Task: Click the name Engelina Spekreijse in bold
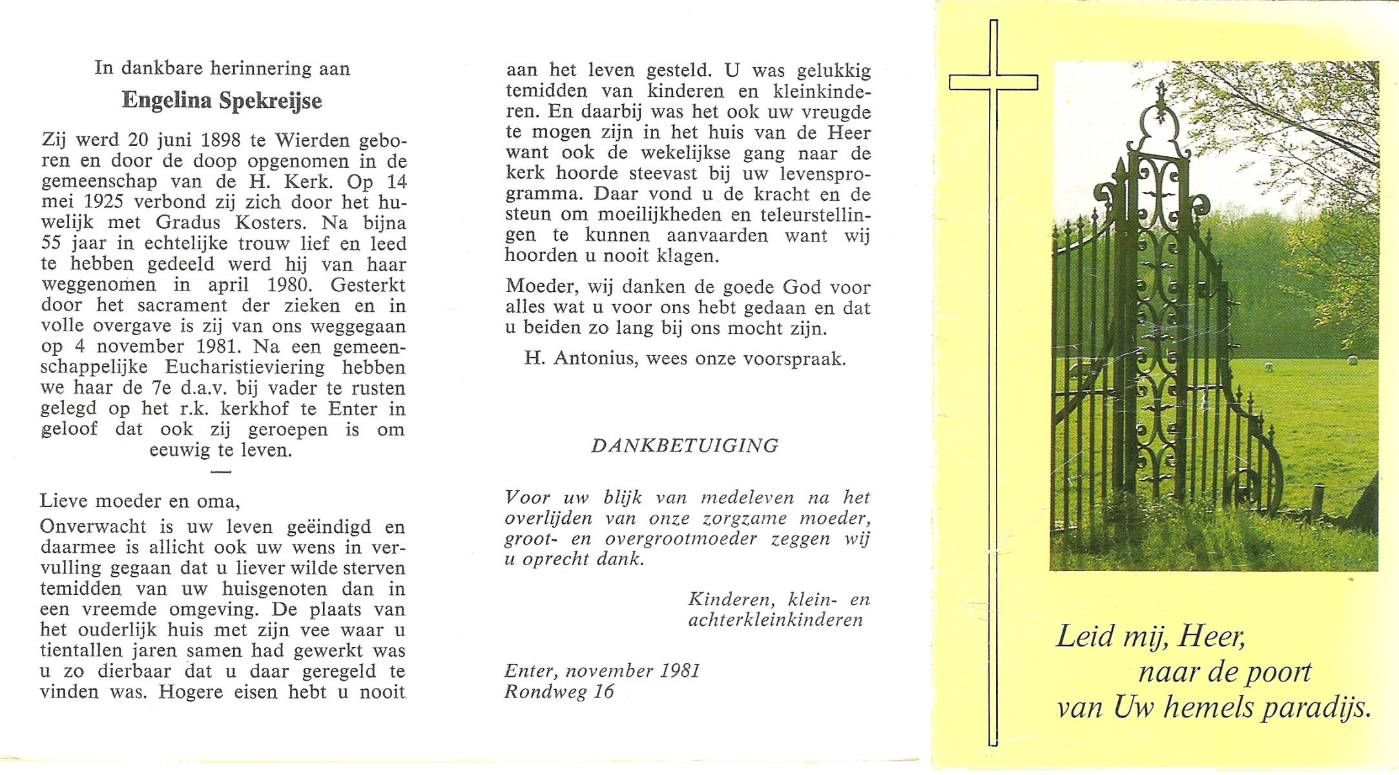222,101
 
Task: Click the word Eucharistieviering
245,367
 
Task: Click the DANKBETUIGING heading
685,446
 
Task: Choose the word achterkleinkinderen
776,621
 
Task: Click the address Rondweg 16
559,692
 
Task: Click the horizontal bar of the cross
993,83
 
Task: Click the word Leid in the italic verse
1084,637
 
